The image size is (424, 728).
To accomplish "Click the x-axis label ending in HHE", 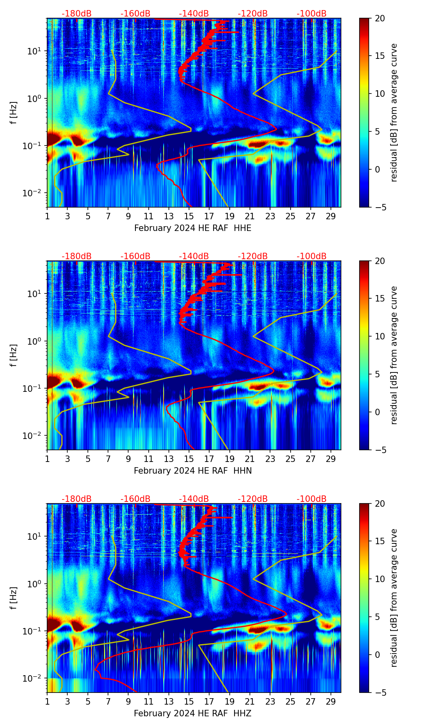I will [192, 228].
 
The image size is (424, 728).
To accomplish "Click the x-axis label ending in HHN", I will [193, 471].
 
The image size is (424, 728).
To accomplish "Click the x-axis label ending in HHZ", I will [192, 713].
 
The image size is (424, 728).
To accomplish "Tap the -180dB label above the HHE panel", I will [77, 14].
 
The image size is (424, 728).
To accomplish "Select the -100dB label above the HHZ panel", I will [312, 499].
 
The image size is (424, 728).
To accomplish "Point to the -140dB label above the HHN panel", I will [194, 256].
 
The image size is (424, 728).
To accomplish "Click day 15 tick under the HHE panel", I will [189, 216].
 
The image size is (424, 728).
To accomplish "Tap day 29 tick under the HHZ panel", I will [331, 701].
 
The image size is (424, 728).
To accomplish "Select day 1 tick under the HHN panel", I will [47, 459].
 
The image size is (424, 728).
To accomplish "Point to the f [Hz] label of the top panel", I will [14, 112].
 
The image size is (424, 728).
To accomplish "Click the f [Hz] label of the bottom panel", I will [14, 598].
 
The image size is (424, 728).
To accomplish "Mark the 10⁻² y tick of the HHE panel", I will [35, 193].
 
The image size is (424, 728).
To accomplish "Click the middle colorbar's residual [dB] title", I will [394, 355].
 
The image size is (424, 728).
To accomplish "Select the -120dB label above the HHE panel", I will [253, 14].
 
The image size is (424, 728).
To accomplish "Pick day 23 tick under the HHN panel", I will [270, 459].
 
